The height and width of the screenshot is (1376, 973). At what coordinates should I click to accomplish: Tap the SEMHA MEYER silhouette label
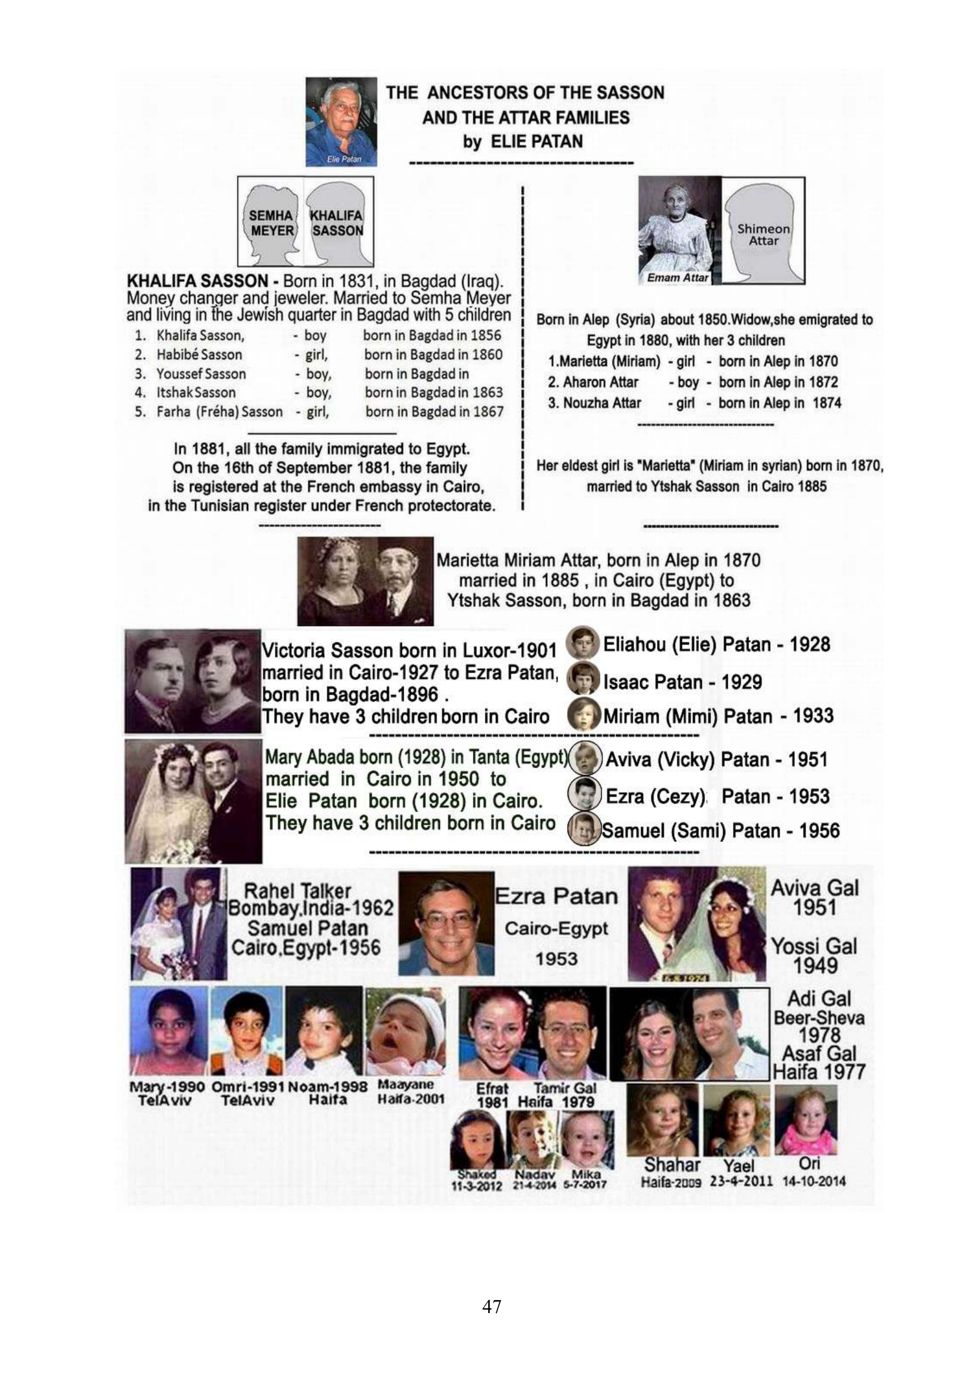pyautogui.click(x=271, y=223)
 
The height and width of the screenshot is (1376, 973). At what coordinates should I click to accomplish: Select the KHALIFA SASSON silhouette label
pyautogui.click(x=336, y=223)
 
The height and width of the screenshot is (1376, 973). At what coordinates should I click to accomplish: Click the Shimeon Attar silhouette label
pyautogui.click(x=764, y=234)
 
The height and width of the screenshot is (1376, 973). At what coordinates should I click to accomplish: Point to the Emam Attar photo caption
pyautogui.click(x=677, y=278)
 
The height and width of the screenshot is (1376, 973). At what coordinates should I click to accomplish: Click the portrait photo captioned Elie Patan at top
pyautogui.click(x=341, y=122)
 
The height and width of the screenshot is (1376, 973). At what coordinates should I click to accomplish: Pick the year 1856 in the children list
pyautogui.click(x=486, y=335)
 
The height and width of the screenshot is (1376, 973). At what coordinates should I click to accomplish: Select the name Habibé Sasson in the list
pyautogui.click(x=199, y=355)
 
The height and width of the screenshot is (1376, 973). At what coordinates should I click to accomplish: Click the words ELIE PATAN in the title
pyautogui.click(x=537, y=141)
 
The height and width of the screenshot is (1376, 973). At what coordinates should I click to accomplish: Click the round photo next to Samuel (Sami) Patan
pyautogui.click(x=584, y=829)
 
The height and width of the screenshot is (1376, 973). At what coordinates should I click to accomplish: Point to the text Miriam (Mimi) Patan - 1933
pyautogui.click(x=718, y=716)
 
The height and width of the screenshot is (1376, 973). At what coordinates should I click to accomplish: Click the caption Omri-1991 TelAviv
pyautogui.click(x=248, y=1094)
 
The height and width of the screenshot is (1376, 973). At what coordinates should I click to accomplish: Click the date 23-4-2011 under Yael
pyautogui.click(x=741, y=1181)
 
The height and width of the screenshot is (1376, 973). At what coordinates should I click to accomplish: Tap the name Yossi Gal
pyautogui.click(x=814, y=947)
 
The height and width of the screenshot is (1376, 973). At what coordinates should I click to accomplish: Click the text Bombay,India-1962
pyautogui.click(x=311, y=908)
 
